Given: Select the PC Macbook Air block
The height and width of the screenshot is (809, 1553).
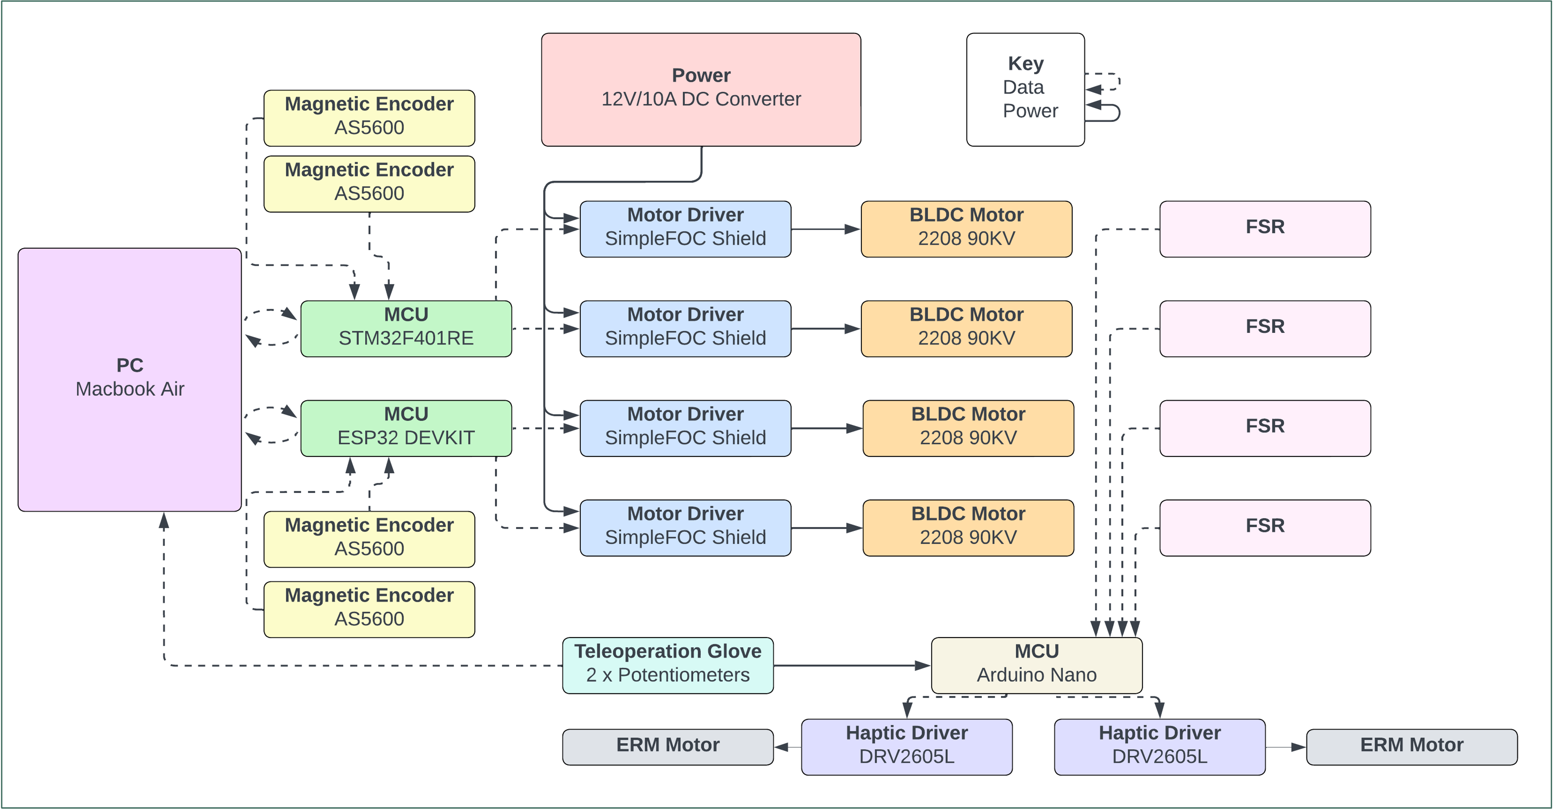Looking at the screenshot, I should [129, 380].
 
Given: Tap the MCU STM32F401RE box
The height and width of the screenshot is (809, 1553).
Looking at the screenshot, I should [406, 328].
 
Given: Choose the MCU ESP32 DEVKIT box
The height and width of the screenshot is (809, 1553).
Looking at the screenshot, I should [406, 428].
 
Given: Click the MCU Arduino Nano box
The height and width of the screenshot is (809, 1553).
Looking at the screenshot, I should [1036, 665].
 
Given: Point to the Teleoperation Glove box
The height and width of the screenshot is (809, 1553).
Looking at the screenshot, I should [667, 665].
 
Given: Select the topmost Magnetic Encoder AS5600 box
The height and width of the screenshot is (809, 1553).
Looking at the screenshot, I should [369, 118].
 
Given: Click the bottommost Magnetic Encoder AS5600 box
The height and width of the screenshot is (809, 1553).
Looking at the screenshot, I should [369, 609].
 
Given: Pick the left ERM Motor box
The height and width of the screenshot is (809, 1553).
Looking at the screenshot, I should [667, 747].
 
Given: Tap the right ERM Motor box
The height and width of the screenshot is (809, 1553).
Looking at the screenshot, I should [1411, 747].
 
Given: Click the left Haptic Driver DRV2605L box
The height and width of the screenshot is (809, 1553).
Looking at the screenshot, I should [906, 746].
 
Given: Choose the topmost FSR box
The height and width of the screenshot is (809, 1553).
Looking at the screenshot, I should [1265, 229].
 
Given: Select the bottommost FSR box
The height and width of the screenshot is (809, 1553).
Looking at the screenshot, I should [1265, 527].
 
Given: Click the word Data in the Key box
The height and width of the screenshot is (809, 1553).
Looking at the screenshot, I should [1023, 87].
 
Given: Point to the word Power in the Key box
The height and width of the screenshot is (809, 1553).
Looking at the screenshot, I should [1030, 111].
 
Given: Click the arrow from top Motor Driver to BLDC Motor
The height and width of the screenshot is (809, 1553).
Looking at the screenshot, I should [825, 229].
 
